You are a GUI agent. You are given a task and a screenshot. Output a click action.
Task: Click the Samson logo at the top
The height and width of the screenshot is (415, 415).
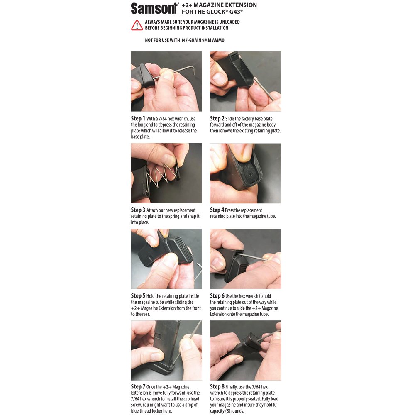click(x=154, y=8)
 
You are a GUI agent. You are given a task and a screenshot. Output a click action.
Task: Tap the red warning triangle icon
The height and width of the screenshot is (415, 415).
click(x=137, y=25)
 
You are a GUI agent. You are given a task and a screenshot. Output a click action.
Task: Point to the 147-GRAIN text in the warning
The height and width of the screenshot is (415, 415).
click(x=191, y=40)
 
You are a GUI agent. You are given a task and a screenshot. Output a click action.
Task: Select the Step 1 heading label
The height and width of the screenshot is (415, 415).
click(x=138, y=118)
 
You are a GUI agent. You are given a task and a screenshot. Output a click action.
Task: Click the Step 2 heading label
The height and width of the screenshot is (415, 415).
click(x=217, y=118)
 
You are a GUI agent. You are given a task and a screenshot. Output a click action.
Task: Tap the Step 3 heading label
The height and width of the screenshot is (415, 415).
click(x=138, y=210)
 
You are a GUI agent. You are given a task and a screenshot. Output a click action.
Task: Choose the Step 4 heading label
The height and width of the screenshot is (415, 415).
click(x=217, y=210)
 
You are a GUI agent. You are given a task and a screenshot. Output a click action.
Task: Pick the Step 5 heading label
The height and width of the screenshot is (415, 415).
click(x=138, y=295)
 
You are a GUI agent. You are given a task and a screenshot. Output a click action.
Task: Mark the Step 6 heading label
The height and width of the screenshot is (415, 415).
click(x=217, y=295)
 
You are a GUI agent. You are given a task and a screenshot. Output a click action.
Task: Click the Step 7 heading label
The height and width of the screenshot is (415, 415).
click(x=138, y=386)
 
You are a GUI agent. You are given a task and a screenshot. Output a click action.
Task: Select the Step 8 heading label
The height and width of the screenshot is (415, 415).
click(x=217, y=386)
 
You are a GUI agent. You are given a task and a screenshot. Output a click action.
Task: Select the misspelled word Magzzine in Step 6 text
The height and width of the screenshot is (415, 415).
click(x=270, y=308)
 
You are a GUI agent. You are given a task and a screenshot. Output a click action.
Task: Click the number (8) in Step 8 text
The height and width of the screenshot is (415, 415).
click(x=227, y=411)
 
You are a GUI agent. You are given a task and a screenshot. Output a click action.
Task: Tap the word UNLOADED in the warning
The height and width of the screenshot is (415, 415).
click(x=229, y=22)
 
